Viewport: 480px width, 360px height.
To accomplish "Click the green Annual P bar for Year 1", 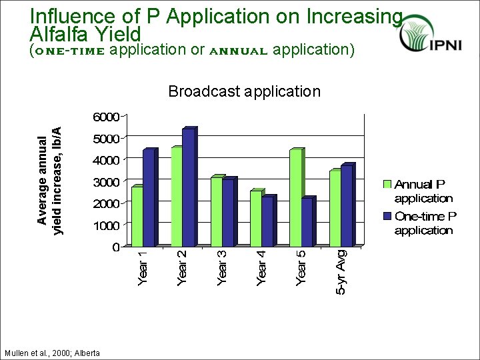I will [x=137, y=216].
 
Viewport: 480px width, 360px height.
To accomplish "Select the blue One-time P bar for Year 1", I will [x=149, y=198].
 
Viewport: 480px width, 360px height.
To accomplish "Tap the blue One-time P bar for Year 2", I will [x=188, y=187].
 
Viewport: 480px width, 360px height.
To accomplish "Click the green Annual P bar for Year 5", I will [x=295, y=198].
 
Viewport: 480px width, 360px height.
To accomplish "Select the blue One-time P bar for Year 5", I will [x=307, y=223].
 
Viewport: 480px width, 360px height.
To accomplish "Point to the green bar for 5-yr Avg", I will [x=335, y=209].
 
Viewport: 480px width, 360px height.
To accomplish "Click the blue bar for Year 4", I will [x=267, y=221].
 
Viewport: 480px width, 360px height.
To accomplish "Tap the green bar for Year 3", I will [x=216, y=212].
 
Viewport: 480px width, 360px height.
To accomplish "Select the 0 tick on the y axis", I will [x=115, y=247].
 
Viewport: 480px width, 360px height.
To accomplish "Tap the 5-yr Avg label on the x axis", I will [x=341, y=272].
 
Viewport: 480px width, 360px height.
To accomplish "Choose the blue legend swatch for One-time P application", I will [x=387, y=216].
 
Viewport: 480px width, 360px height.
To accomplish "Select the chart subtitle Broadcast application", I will [x=244, y=91].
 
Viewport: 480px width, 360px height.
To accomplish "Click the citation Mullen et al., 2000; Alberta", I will [x=52, y=353].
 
